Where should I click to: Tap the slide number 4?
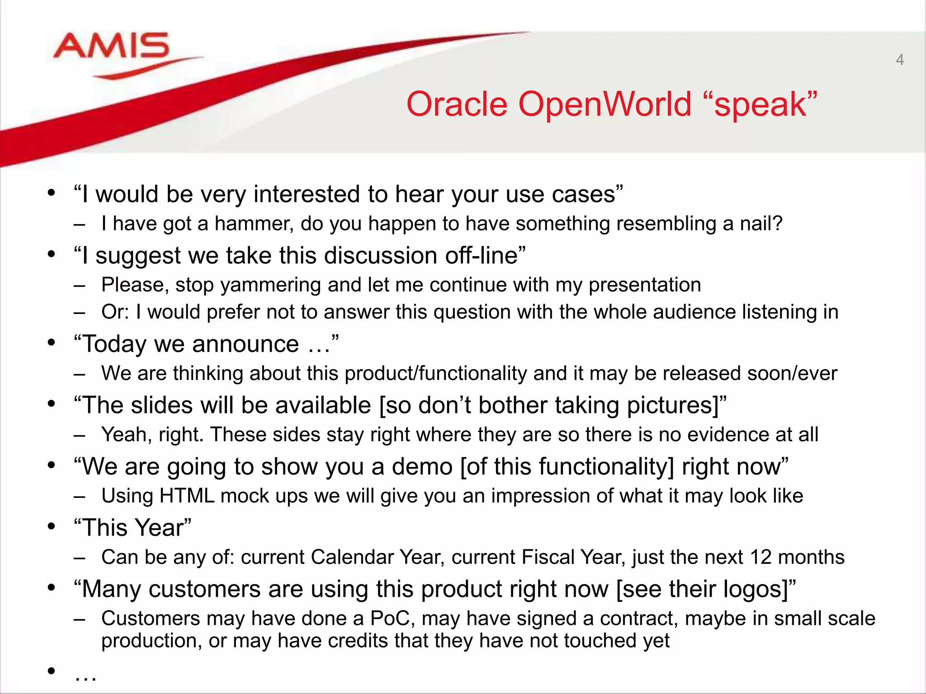point(900,60)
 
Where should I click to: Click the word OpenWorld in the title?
point(605,105)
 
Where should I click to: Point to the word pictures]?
point(673,406)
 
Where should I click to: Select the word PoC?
point(392,619)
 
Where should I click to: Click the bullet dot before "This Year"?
point(52,526)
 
